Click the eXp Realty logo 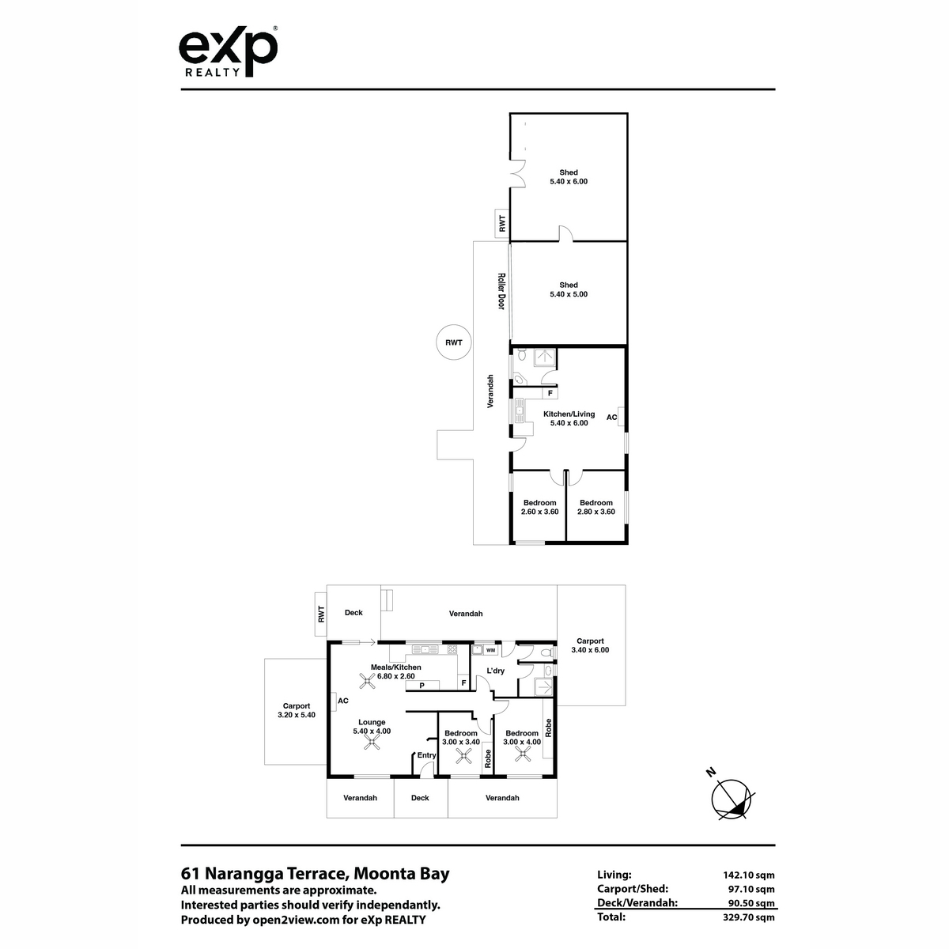tap(228, 51)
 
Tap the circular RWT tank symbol tap(454, 342)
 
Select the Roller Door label tap(501, 292)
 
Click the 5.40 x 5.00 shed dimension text tap(569, 294)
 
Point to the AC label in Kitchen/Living tap(611, 417)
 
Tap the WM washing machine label tap(490, 650)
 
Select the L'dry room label tap(495, 671)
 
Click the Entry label tap(426, 755)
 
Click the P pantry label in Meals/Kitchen tap(422, 686)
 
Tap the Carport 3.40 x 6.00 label tap(590, 645)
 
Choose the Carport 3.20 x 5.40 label tap(297, 710)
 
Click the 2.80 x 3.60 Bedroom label tap(596, 507)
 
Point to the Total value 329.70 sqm tap(749, 917)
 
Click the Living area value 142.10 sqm tap(749, 875)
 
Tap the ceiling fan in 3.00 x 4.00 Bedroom tap(523, 754)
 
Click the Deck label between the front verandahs tap(420, 798)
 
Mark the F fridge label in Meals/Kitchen tap(463, 683)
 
